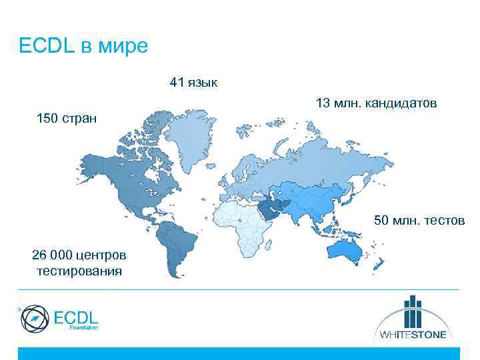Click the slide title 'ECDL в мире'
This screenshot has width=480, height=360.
[x=83, y=47]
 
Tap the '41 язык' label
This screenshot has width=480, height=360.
[x=193, y=83]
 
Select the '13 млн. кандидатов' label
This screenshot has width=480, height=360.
[x=376, y=103]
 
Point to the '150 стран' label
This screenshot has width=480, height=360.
[x=65, y=119]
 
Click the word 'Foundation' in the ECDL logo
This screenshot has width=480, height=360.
[x=83, y=329]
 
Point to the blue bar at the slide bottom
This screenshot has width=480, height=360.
[x=239, y=353]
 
